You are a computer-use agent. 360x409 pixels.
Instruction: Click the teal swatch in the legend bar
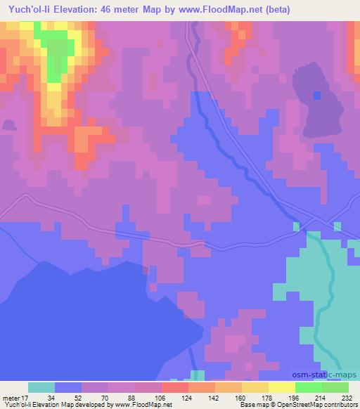click(41, 387)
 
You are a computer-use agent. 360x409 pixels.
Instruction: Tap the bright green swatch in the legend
click(308, 387)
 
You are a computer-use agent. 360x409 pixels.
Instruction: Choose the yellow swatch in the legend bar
click(281, 387)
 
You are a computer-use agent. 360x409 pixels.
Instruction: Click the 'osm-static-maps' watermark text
click(324, 373)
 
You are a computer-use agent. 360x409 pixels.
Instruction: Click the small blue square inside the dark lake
click(316, 95)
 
